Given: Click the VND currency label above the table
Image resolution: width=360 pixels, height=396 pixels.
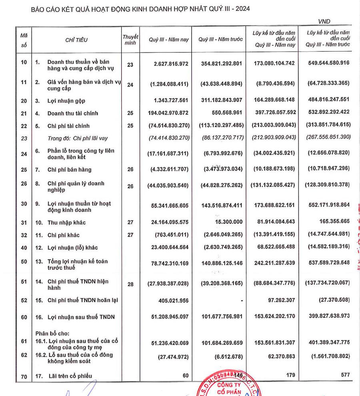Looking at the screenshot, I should click(324, 22).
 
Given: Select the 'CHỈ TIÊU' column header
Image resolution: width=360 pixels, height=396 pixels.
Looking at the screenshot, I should click(76, 40).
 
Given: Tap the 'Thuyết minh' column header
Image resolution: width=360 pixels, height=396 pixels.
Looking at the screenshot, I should click(130, 40).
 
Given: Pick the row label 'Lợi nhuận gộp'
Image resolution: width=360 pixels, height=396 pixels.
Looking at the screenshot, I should click(66, 101).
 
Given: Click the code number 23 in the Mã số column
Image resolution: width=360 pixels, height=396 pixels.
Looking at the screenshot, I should click(24, 138).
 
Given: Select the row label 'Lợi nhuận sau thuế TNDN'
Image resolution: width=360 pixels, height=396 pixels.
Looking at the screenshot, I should click(81, 317).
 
